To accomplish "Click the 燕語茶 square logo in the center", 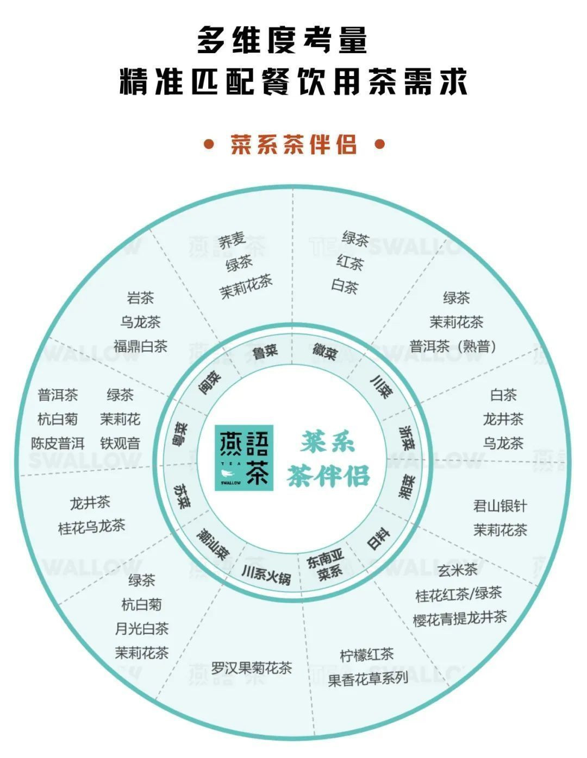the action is point(243,457).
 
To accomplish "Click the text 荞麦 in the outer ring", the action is point(233,240).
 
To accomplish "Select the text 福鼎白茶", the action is point(140,346).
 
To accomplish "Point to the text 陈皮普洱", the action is point(58,444).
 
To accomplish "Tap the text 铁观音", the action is point(120,444).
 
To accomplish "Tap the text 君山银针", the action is point(500,506).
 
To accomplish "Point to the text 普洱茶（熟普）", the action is point(453,346).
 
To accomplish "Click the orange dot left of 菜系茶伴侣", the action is point(209,144).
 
